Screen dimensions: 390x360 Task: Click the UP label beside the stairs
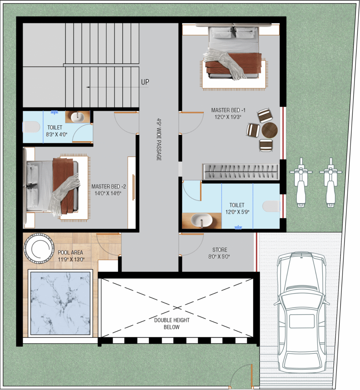coord(145,82)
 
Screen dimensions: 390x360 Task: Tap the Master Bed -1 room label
coord(226,110)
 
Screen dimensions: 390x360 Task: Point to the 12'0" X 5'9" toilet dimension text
coord(237,212)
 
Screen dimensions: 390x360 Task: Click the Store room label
coord(220,250)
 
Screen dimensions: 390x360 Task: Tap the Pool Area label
coord(70,253)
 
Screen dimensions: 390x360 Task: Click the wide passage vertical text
coord(159,139)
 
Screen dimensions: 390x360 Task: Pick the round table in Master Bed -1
coord(270,130)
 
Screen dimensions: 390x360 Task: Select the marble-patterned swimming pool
coord(61,303)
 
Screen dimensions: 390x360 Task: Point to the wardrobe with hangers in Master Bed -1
coord(240,171)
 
